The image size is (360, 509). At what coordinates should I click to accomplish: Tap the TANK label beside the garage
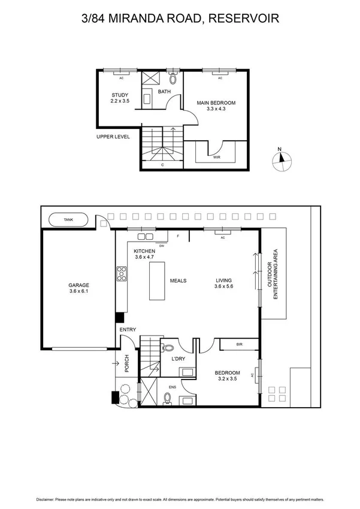[x=68, y=220]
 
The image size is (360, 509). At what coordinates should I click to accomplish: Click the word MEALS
[x=179, y=280]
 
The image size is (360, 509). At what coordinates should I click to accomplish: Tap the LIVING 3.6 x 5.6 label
[x=224, y=283]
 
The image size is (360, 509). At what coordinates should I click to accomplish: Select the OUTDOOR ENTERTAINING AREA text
[x=276, y=276]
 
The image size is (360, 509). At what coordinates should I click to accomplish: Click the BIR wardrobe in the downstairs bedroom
[x=239, y=345]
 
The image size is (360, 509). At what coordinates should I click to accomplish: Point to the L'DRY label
[x=179, y=359]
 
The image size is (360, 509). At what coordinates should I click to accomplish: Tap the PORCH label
[x=126, y=363]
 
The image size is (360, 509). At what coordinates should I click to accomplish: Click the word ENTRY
[x=128, y=330]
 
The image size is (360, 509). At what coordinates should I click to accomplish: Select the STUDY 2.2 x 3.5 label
[x=120, y=98]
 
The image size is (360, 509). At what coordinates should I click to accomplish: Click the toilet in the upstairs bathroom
[x=173, y=79]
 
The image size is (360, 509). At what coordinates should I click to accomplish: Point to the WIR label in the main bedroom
[x=216, y=157]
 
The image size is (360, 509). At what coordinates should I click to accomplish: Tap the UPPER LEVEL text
[x=113, y=137]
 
